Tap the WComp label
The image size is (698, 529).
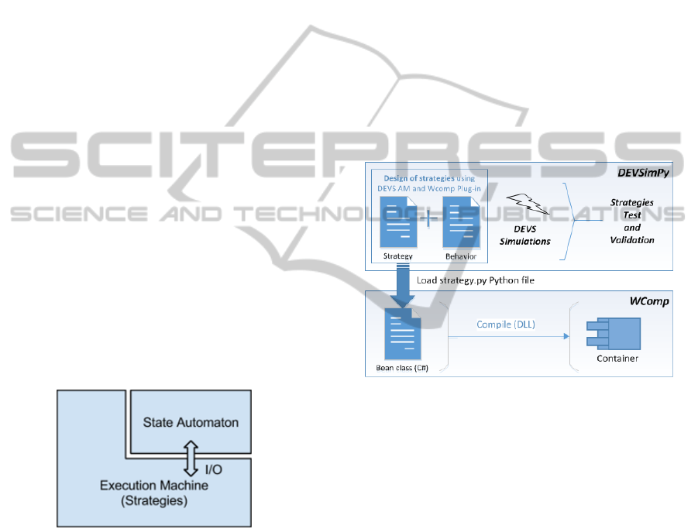(x=650, y=298)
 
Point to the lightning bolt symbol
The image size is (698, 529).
(x=527, y=204)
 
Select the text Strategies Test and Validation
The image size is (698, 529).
(x=631, y=222)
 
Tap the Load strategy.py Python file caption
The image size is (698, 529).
(x=475, y=280)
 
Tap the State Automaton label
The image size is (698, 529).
(x=191, y=422)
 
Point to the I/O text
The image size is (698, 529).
(x=212, y=469)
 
